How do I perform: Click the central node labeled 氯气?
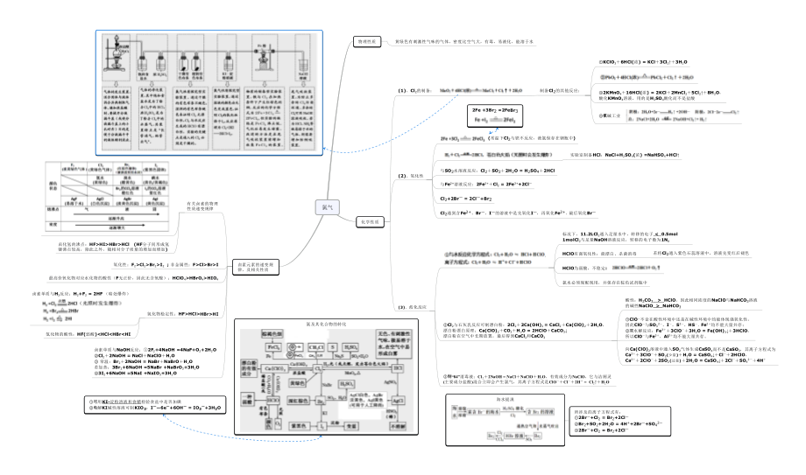coord(326,206)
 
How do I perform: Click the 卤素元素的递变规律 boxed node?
coord(255,264)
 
